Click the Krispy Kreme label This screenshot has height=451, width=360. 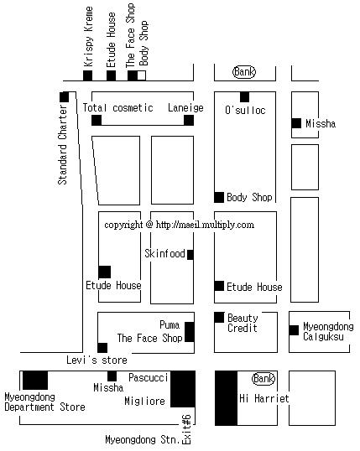(x=88, y=37)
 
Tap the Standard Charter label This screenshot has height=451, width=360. (x=63, y=144)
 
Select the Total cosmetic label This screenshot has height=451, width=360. (x=117, y=108)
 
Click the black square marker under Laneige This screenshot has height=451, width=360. (x=189, y=120)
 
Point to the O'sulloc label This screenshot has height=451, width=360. (x=245, y=110)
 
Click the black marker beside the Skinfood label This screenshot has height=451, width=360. (x=190, y=255)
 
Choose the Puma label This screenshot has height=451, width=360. (x=170, y=325)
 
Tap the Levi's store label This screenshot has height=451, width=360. (x=97, y=360)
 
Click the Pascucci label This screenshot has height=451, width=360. (x=148, y=377)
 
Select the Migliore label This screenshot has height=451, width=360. (x=144, y=401)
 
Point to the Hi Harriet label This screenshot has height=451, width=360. (x=264, y=398)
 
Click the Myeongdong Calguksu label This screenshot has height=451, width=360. (x=328, y=331)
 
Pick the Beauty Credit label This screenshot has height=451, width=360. (x=243, y=323)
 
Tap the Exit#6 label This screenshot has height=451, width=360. (x=186, y=429)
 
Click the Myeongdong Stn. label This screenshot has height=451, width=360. (x=143, y=439)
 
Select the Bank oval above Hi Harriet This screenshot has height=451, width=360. (x=263, y=379)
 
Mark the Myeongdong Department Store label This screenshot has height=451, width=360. (x=44, y=402)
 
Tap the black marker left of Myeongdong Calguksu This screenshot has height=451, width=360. (x=294, y=330)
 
